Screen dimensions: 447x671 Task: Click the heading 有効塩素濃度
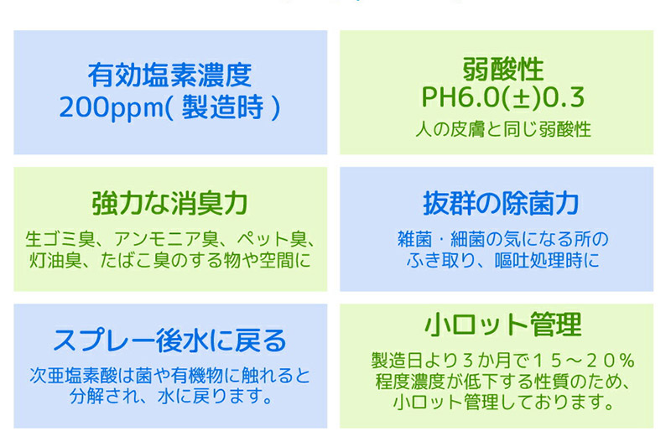(169, 75)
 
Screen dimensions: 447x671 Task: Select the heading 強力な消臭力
(169, 203)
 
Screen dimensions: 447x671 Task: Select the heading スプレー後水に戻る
(169, 340)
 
